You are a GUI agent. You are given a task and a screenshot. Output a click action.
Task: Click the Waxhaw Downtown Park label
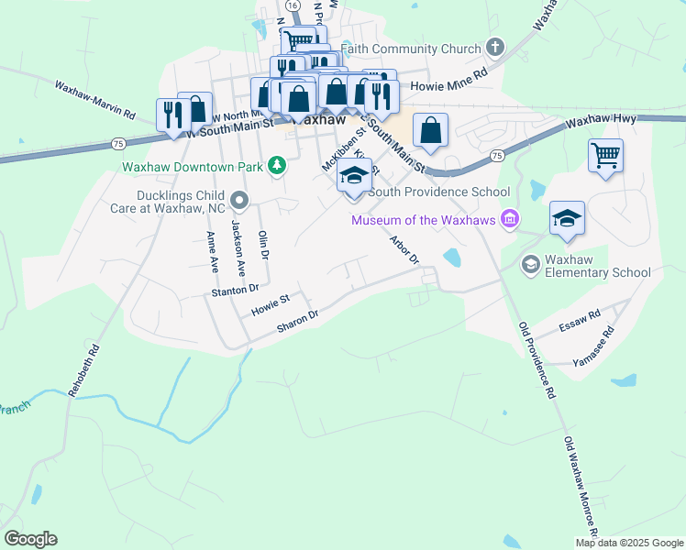pos(193,168)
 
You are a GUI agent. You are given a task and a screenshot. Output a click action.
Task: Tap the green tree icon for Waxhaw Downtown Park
pos(276,166)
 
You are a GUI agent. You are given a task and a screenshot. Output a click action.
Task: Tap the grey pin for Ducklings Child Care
pos(239,199)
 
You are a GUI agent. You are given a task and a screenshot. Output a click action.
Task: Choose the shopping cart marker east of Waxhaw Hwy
pos(605,156)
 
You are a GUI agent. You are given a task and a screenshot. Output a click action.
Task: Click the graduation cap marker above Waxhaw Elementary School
pos(567,218)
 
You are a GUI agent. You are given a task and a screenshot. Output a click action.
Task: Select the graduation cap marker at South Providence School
pos(355,176)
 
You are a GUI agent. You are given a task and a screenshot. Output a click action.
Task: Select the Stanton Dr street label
pos(238,291)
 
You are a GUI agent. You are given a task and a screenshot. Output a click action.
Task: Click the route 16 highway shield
pos(292,5)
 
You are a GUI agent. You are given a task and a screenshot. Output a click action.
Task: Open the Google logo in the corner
pos(30,539)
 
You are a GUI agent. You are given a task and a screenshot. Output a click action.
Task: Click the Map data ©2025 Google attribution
pos(630,542)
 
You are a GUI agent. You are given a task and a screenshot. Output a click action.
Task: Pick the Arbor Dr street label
pos(404,249)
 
